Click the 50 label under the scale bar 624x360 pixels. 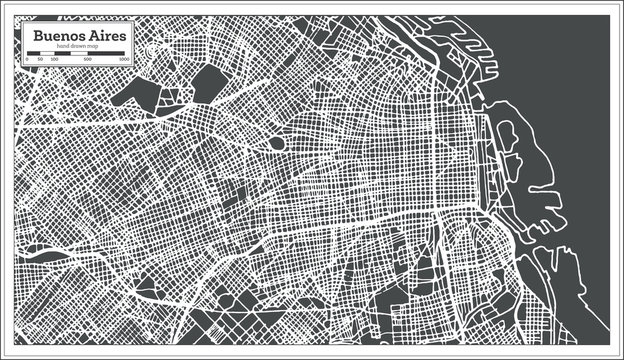tap(40, 61)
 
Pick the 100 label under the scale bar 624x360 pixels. tap(53, 61)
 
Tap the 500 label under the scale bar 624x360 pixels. tap(88, 61)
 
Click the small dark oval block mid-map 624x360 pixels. tap(275, 144)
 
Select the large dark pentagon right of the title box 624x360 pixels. tap(209, 84)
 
